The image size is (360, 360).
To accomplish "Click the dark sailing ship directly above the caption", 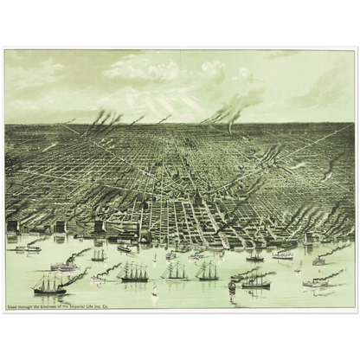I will (x=49, y=283).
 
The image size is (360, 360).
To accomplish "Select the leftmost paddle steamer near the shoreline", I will (x=28, y=247).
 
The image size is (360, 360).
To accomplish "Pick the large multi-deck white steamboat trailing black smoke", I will (x=65, y=265).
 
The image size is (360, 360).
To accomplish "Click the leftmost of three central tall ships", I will (x=134, y=273).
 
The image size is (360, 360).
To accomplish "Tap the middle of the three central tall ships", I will (x=175, y=273).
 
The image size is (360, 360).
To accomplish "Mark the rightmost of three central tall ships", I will (x=207, y=273).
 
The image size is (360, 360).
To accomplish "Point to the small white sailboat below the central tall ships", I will (x=155, y=292).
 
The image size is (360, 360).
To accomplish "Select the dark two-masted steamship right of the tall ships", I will (x=256, y=281).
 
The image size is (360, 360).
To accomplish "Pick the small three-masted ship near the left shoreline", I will (x=99, y=255).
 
